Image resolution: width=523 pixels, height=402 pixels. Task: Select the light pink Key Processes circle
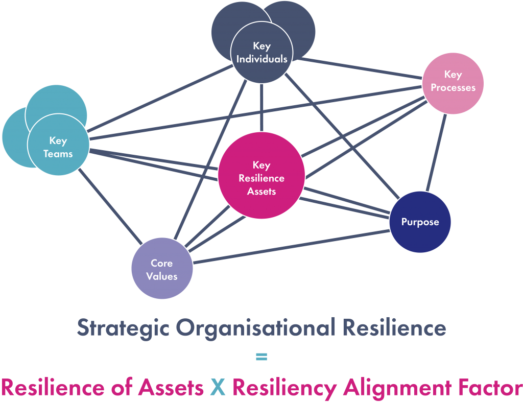click(453, 82)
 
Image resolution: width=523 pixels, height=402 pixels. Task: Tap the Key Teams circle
click(58, 147)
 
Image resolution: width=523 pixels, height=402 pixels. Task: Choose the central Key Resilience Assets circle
click(261, 176)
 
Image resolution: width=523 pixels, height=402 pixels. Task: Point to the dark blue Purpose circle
click(420, 222)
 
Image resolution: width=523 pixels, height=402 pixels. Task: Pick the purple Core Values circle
click(162, 269)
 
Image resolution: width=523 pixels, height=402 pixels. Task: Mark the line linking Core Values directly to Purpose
click(291, 247)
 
